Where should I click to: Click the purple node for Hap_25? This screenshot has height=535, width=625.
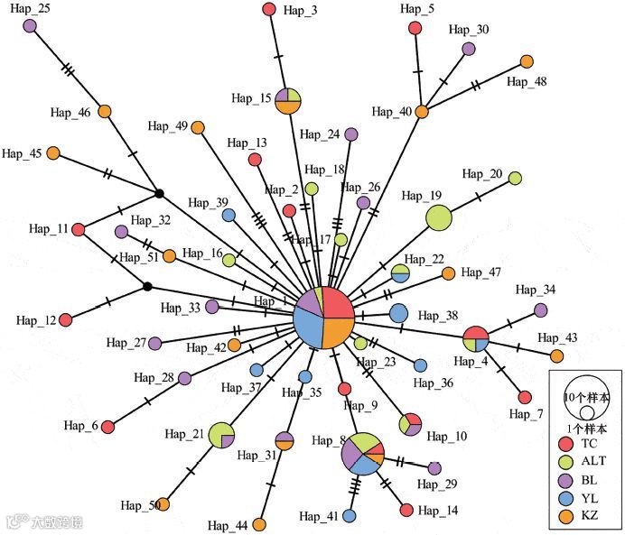[x=30, y=26]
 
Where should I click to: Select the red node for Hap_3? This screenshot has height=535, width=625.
[x=269, y=9]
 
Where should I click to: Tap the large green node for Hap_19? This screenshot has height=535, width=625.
[x=438, y=217]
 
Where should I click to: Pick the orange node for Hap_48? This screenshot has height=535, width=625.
[x=527, y=61]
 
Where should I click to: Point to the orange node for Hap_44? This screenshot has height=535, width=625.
[x=259, y=524]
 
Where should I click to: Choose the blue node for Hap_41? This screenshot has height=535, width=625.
[x=349, y=515]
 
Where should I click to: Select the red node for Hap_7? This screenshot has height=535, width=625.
[x=525, y=397]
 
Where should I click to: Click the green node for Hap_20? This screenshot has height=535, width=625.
[x=515, y=178]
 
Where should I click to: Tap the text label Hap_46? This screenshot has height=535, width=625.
[x=71, y=113]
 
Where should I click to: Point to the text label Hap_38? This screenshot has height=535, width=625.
[x=439, y=316]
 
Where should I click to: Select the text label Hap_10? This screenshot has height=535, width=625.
[x=447, y=437]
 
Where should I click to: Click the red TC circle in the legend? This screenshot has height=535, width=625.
[x=565, y=444]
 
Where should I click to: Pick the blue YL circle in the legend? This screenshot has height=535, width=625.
[x=565, y=497]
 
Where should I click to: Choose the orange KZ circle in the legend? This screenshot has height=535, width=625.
[x=565, y=515]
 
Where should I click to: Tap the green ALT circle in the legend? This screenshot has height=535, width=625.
[x=565, y=462]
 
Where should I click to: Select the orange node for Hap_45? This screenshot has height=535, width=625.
[x=53, y=153]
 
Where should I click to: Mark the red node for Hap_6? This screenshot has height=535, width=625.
[x=107, y=426]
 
